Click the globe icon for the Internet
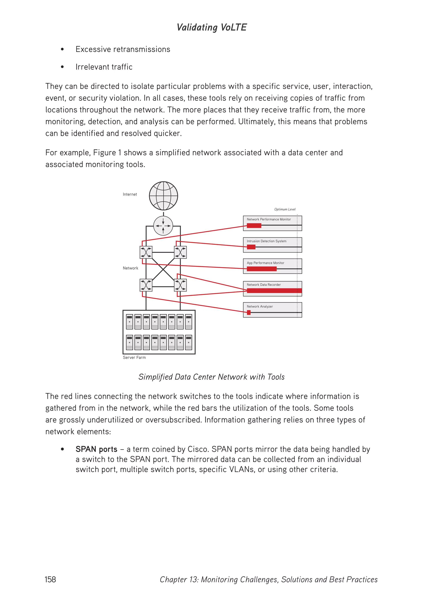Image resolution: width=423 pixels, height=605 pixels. (x=163, y=196)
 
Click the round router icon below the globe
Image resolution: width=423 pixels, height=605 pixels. (x=163, y=226)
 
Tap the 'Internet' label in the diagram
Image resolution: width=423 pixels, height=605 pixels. (x=130, y=194)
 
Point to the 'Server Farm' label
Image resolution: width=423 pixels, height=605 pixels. (x=134, y=357)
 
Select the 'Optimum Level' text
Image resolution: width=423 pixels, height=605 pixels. (x=285, y=209)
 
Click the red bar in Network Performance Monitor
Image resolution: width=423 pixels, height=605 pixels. (x=254, y=225)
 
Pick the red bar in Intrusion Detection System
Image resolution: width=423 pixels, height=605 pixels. (x=251, y=247)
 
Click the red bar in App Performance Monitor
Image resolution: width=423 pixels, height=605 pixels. (x=261, y=269)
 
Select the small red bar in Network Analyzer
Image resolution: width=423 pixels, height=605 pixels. (x=248, y=312)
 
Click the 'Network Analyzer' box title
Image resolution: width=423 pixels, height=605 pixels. (x=260, y=306)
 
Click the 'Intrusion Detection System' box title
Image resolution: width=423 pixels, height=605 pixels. (x=266, y=241)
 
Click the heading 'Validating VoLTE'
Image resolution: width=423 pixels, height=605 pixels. (x=211, y=27)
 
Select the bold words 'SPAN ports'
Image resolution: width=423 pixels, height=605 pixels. (x=96, y=449)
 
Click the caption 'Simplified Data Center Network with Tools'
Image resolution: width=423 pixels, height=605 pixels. (x=211, y=377)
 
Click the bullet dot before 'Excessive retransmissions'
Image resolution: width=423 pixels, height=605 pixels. (x=62, y=49)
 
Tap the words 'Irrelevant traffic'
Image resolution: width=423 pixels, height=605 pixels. (x=104, y=67)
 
